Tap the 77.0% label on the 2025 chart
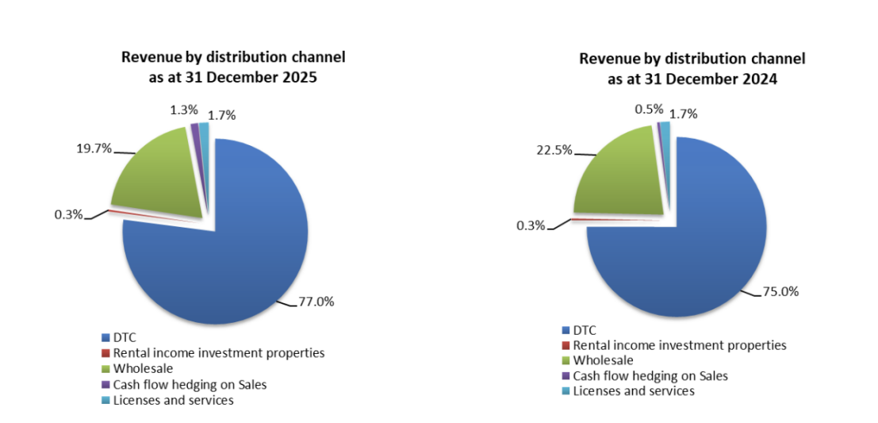316,302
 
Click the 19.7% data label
94,147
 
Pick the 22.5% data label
555,150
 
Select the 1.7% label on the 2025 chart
222,116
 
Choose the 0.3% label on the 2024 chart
531,225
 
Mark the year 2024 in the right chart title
760,79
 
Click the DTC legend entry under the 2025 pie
125,338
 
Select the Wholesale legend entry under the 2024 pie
604,360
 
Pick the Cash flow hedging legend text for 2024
650,375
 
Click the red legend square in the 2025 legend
105,353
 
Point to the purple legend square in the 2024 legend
566,376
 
